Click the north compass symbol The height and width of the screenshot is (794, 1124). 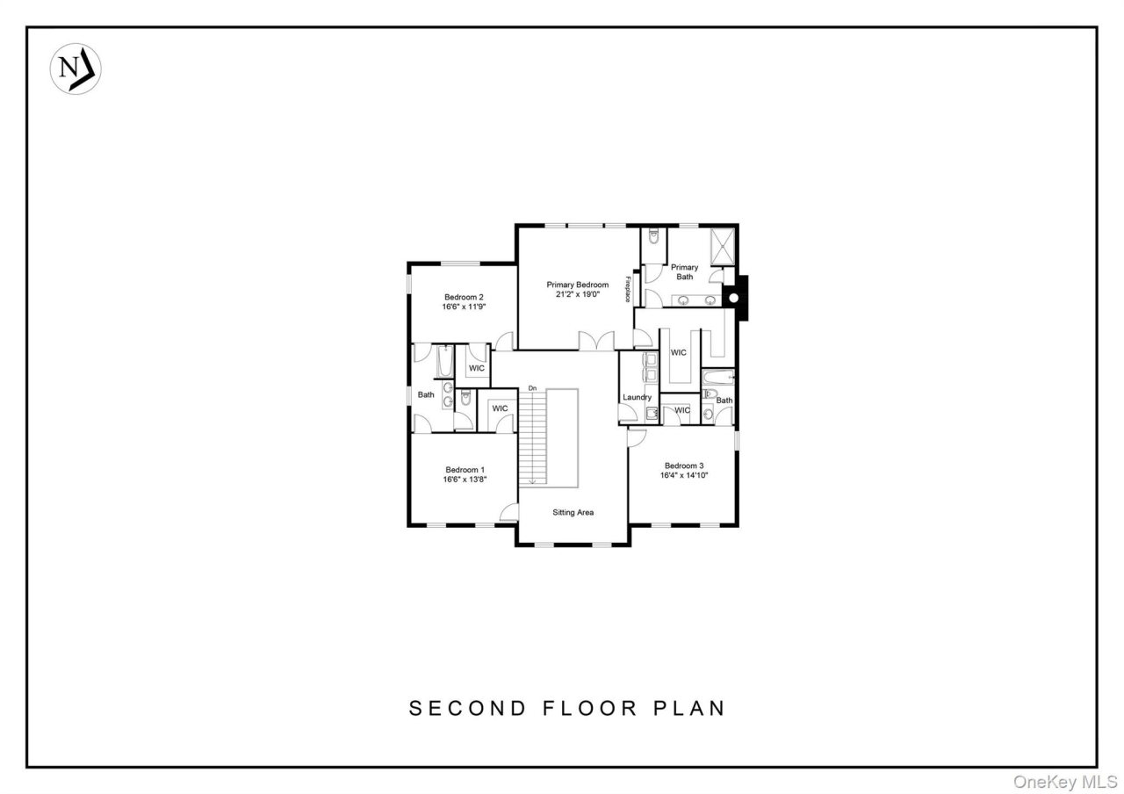(75, 69)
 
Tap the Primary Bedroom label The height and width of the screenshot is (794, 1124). (577, 285)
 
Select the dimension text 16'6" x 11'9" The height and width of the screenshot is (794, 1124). (464, 307)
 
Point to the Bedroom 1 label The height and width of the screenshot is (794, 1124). (465, 469)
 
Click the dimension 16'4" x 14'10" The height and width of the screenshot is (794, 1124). (685, 475)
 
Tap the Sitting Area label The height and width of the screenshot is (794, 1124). (573, 512)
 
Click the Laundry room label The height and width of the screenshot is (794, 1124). (637, 397)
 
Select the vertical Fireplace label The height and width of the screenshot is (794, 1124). (628, 290)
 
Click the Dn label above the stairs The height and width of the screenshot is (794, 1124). (532, 387)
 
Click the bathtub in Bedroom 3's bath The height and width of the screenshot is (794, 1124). (717, 378)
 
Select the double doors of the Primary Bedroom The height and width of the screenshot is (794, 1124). (595, 341)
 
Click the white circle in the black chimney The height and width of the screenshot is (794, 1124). (734, 299)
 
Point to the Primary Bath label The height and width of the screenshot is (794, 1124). (684, 271)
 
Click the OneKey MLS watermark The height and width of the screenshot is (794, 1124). (1064, 781)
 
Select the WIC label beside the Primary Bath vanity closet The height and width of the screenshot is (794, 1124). (679, 352)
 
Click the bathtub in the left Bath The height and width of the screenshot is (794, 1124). (443, 362)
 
